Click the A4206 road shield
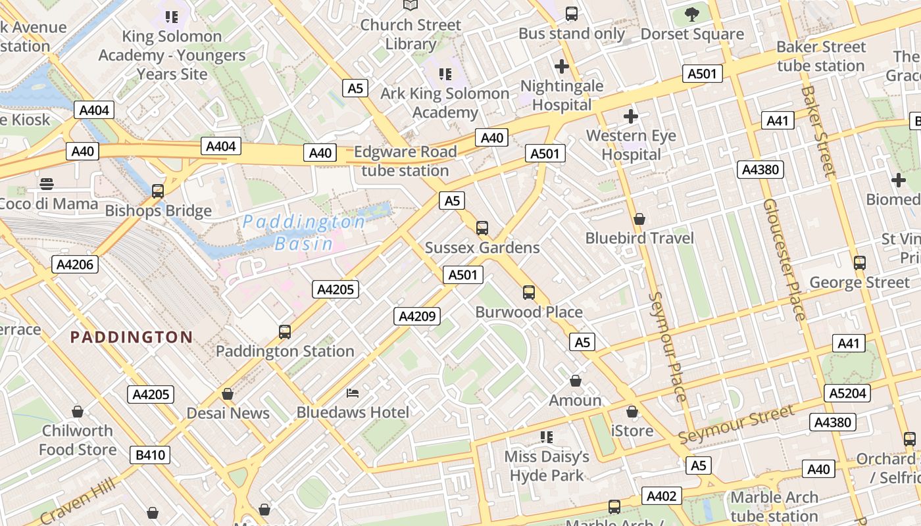pos(76,264)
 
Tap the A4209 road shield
pos(417,316)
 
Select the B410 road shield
pos(149,454)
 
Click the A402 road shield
pos(662,496)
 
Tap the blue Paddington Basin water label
pos(304,233)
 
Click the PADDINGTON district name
pos(132,337)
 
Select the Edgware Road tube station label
pos(405,161)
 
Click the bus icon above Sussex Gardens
pos(482,228)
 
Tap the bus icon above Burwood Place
pos(529,293)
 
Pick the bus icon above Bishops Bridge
pos(158,191)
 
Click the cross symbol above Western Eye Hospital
pos(631,117)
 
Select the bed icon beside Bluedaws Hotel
pos(353,393)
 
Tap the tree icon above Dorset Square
pos(692,14)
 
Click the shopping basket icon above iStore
pos(632,412)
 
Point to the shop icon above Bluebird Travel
pos(639,219)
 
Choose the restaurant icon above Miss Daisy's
pos(546,437)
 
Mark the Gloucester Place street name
pos(784,260)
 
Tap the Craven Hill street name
pos(78,501)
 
